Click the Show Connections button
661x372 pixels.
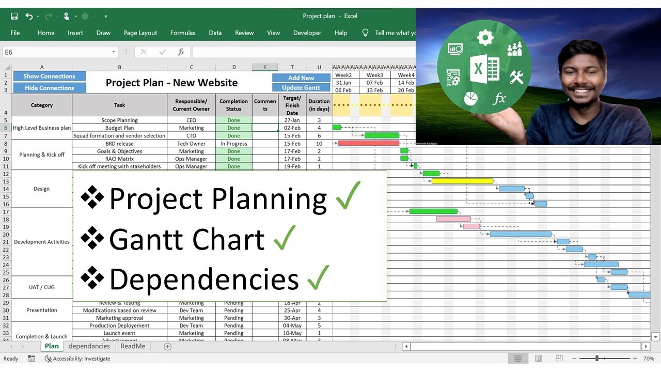[49, 76]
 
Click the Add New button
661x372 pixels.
[301, 78]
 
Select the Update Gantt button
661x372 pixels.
[301, 88]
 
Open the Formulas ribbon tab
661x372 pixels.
[183, 33]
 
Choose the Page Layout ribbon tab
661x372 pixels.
[140, 33]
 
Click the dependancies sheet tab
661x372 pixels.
[89, 346]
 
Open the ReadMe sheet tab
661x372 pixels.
[133, 346]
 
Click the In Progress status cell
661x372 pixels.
[233, 144]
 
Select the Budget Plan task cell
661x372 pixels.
[119, 128]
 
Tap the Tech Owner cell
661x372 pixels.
[191, 144]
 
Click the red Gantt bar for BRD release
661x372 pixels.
[368, 143]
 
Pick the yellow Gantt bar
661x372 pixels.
[462, 181]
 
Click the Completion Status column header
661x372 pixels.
[233, 105]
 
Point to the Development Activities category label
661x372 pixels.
[42, 242]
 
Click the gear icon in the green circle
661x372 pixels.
[485, 37]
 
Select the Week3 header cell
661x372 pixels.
[374, 75]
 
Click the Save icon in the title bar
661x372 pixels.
[14, 16]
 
